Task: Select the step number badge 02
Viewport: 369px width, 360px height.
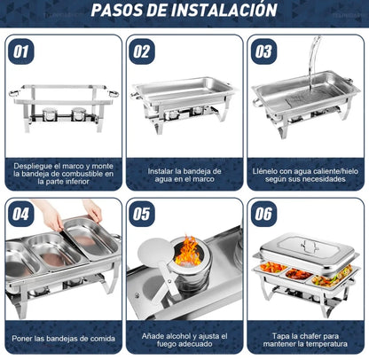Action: [x=142, y=51]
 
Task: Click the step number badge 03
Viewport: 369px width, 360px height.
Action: [x=263, y=51]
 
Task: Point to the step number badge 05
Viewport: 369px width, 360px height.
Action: [x=142, y=214]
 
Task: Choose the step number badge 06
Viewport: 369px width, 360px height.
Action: [x=263, y=214]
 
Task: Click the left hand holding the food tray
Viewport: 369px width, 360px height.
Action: [x=51, y=216]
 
